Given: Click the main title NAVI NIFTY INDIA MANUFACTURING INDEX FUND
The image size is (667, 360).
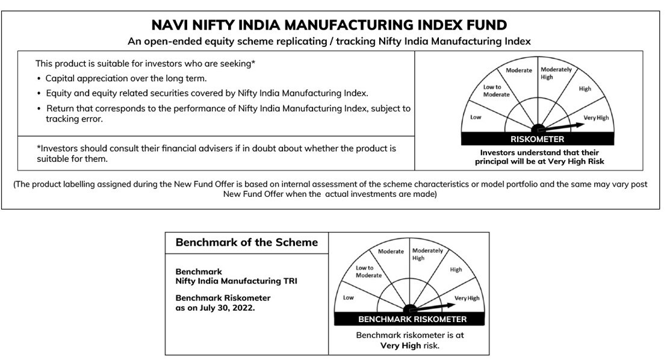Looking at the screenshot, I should tap(329, 25).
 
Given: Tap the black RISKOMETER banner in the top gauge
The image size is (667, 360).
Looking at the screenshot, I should tap(538, 140).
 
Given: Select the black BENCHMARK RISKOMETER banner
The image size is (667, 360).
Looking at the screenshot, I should tap(412, 319).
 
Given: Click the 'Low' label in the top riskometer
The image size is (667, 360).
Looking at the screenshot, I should tap(476, 117).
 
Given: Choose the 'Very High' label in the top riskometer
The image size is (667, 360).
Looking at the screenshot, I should tap(596, 117).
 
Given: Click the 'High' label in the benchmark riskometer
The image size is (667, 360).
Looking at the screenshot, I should tap(456, 270).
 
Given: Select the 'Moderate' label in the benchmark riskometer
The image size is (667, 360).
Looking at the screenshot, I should tap(391, 251).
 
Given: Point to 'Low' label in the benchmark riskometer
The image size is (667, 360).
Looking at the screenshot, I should tap(348, 297).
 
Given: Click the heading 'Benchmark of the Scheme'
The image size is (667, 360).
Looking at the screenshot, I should tap(247, 242).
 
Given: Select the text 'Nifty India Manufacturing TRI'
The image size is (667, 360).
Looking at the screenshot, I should tap(236, 281).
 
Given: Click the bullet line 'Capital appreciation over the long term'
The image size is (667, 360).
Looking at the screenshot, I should tap(126, 78).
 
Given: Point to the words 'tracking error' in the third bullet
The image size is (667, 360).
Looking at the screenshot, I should tap(75, 119).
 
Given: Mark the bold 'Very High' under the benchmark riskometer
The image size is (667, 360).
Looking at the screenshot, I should tap(400, 346).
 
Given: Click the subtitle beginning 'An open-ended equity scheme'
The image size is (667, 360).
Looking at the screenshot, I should tap(329, 42).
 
